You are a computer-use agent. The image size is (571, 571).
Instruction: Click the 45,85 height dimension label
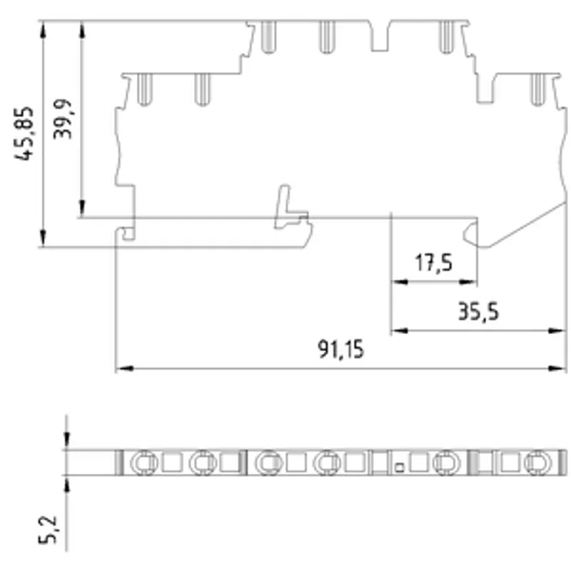[24, 133]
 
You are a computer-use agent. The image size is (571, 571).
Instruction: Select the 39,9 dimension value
[62, 118]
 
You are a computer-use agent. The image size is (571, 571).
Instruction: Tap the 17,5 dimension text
[433, 263]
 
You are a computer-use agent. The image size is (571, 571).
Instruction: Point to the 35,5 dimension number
[478, 312]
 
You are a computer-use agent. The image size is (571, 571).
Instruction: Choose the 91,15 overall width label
[341, 349]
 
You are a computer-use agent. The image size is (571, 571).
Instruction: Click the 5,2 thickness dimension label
[48, 530]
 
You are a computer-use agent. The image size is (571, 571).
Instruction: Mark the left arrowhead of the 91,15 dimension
[124, 368]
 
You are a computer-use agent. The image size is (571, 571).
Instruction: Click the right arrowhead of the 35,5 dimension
[557, 330]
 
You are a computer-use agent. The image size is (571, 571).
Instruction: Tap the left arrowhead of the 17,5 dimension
[400, 281]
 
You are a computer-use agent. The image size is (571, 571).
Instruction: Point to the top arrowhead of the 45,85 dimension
[44, 29]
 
